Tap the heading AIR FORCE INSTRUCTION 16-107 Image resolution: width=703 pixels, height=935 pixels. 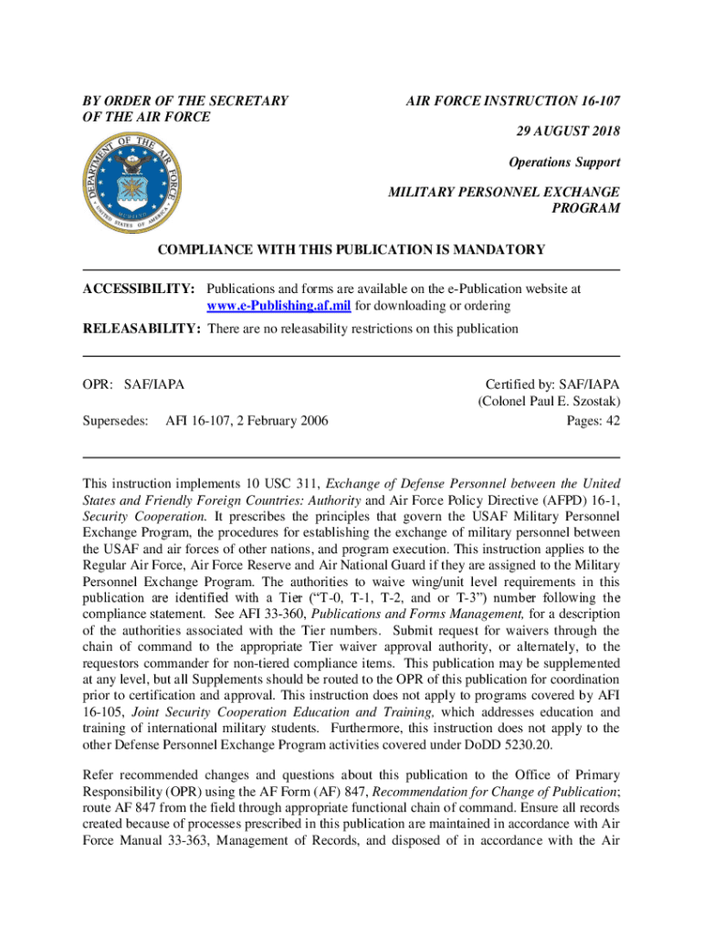(x=513, y=101)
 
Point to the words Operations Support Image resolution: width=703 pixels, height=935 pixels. (x=564, y=163)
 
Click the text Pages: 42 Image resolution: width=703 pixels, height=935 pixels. (x=593, y=420)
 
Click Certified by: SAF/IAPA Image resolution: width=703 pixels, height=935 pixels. (x=552, y=385)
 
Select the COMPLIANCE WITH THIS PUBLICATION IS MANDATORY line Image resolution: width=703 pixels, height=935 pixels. (x=351, y=249)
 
